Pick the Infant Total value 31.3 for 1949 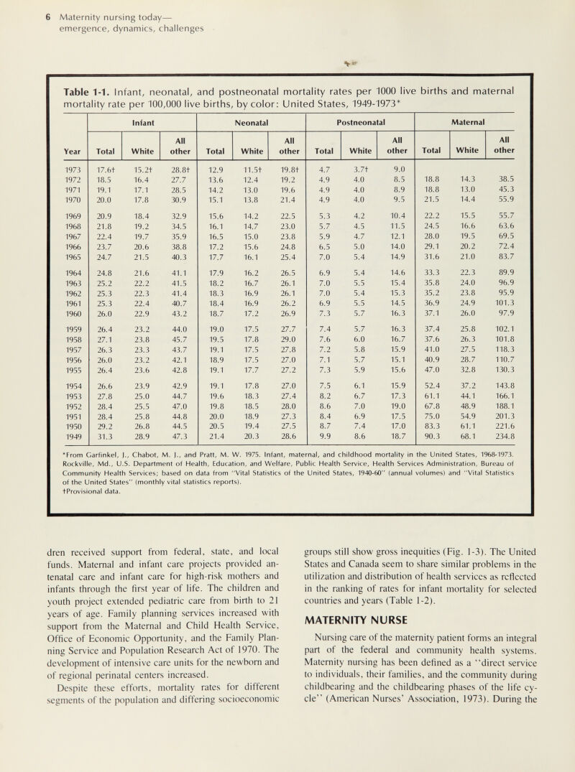click(x=103, y=436)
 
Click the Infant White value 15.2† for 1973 click(x=142, y=170)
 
